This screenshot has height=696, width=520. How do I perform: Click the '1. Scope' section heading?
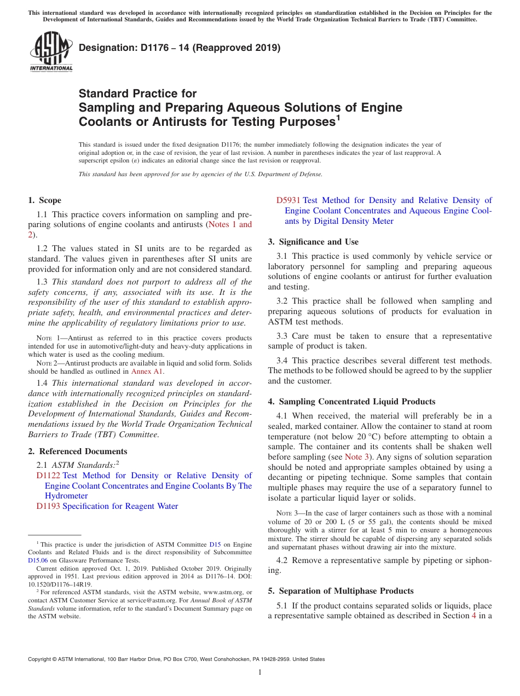(45, 200)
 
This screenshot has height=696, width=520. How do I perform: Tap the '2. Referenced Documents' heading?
(78, 451)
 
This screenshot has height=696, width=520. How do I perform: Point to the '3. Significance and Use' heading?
(313, 242)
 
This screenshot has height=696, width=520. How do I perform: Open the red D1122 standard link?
(48, 475)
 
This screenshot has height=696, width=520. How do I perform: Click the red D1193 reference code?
(48, 506)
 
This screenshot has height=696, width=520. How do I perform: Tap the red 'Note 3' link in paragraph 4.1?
(357, 457)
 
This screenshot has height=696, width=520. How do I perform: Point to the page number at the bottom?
(260, 672)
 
